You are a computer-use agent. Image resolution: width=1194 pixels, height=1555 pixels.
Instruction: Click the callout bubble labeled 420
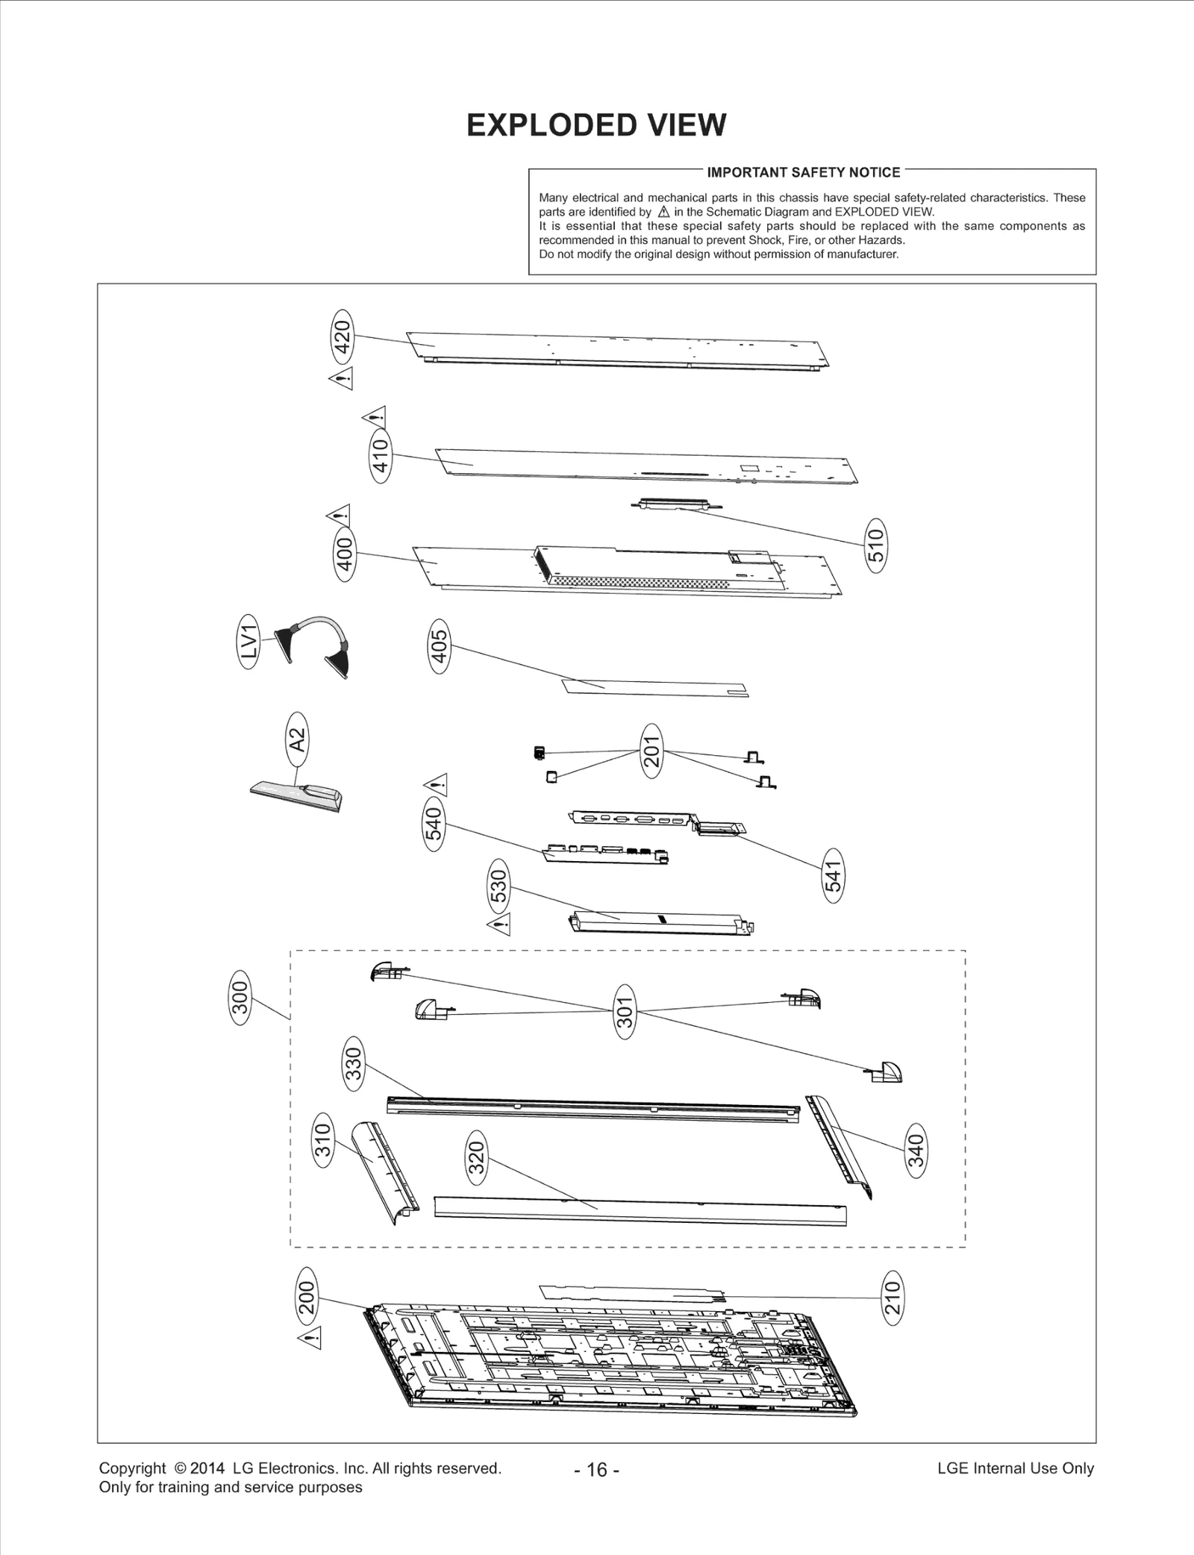342,337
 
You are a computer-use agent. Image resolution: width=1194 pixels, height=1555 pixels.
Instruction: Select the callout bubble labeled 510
876,545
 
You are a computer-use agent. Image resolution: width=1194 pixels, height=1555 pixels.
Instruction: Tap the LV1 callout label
249,641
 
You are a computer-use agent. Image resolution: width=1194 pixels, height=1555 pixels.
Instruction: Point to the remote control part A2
297,797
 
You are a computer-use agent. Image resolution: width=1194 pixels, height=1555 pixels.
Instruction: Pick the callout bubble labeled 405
440,646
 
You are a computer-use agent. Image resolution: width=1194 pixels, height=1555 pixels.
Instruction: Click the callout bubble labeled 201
651,751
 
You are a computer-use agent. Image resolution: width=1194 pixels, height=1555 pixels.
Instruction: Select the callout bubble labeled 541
833,875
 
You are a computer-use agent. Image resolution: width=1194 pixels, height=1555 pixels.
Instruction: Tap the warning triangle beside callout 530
498,926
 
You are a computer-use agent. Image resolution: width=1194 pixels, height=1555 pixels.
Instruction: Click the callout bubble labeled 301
625,1011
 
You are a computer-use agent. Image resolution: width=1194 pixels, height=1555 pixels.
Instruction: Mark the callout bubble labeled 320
476,1157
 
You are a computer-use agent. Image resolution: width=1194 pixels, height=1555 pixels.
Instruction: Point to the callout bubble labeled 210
893,1298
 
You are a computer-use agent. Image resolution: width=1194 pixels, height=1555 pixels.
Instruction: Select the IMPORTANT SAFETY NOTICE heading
803,172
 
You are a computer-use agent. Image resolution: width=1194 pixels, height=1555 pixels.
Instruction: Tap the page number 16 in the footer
597,1469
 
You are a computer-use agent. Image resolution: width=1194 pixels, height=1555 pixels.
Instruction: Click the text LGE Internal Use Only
1015,1468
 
